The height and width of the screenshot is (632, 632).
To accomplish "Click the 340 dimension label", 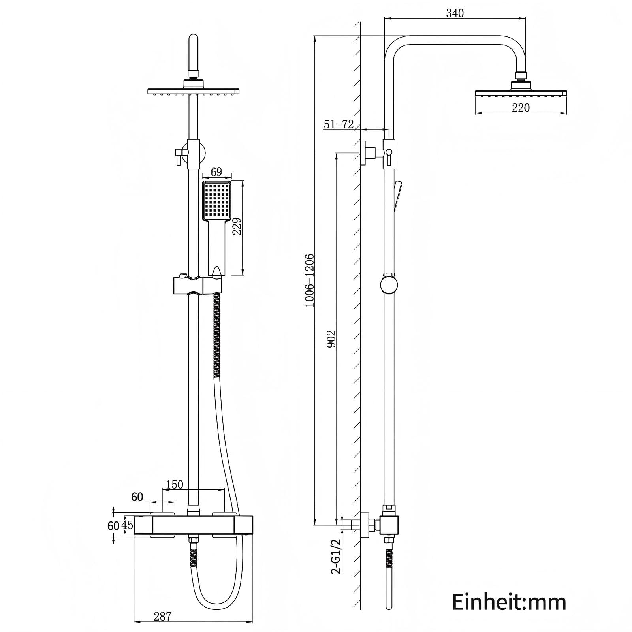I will pyautogui.click(x=455, y=13).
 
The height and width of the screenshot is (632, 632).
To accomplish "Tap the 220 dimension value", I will pyautogui.click(x=521, y=108).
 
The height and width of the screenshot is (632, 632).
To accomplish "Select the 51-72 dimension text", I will pyautogui.click(x=339, y=124).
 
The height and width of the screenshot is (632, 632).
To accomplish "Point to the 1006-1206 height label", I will pyautogui.click(x=309, y=280).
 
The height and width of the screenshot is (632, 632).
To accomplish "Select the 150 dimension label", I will pyautogui.click(x=174, y=484).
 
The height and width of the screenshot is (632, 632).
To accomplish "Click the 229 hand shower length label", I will pyautogui.click(x=237, y=226).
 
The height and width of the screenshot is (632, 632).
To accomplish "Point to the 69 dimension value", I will pyautogui.click(x=216, y=172).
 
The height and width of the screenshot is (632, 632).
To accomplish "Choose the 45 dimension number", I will pyautogui.click(x=128, y=525).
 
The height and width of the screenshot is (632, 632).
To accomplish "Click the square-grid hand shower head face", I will pyautogui.click(x=216, y=201).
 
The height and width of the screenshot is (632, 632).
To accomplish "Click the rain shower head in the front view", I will pyautogui.click(x=194, y=91).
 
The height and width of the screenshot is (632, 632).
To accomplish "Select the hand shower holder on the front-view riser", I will pyautogui.click(x=197, y=285).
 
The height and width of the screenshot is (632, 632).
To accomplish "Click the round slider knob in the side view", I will pyautogui.click(x=389, y=285).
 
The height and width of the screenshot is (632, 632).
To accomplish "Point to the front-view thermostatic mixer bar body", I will pyautogui.click(x=194, y=525).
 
